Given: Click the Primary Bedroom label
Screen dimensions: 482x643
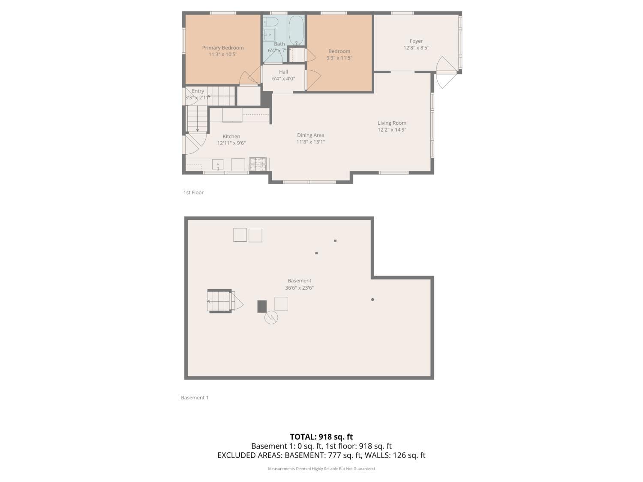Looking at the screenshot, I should pos(223,48).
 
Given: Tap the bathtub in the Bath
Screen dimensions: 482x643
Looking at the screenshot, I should pos(296,30).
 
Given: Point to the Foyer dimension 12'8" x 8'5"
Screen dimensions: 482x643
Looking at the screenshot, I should pos(416,48).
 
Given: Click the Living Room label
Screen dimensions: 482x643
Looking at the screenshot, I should pos(392,123).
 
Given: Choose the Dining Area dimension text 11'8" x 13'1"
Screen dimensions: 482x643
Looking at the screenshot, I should pos(311,142).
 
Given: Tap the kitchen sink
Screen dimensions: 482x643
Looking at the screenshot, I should pos(218,165).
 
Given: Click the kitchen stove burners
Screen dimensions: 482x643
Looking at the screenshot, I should pos(258,164).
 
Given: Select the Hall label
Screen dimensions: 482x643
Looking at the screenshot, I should pos(283,72).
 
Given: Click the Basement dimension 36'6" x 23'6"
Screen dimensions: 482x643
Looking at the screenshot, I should pos(299,288).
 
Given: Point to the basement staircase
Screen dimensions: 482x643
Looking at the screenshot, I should pos(219,301).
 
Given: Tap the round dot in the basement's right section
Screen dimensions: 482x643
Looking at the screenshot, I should pos(373,299).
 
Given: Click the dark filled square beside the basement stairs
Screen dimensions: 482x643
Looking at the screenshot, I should pos(262,306).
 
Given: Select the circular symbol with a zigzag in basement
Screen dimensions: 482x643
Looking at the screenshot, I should pos(271,317).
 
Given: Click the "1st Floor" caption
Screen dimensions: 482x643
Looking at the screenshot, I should pos(193,193).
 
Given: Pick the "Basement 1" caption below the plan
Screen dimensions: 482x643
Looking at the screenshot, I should pos(195,398).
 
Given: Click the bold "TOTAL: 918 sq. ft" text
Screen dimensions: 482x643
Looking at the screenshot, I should pos(321,437).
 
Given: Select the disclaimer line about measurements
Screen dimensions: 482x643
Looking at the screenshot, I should pos(321,469).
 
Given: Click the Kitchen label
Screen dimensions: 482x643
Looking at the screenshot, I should pos(231,137).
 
